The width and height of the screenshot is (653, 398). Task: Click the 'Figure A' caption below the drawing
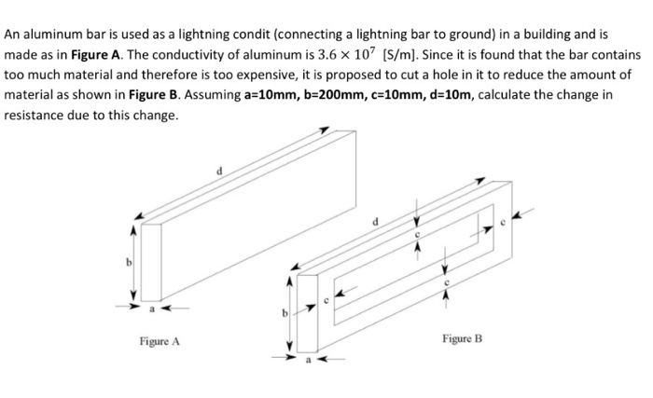pos(160,342)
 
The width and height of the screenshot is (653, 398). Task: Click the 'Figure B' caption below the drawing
pos(462,340)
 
